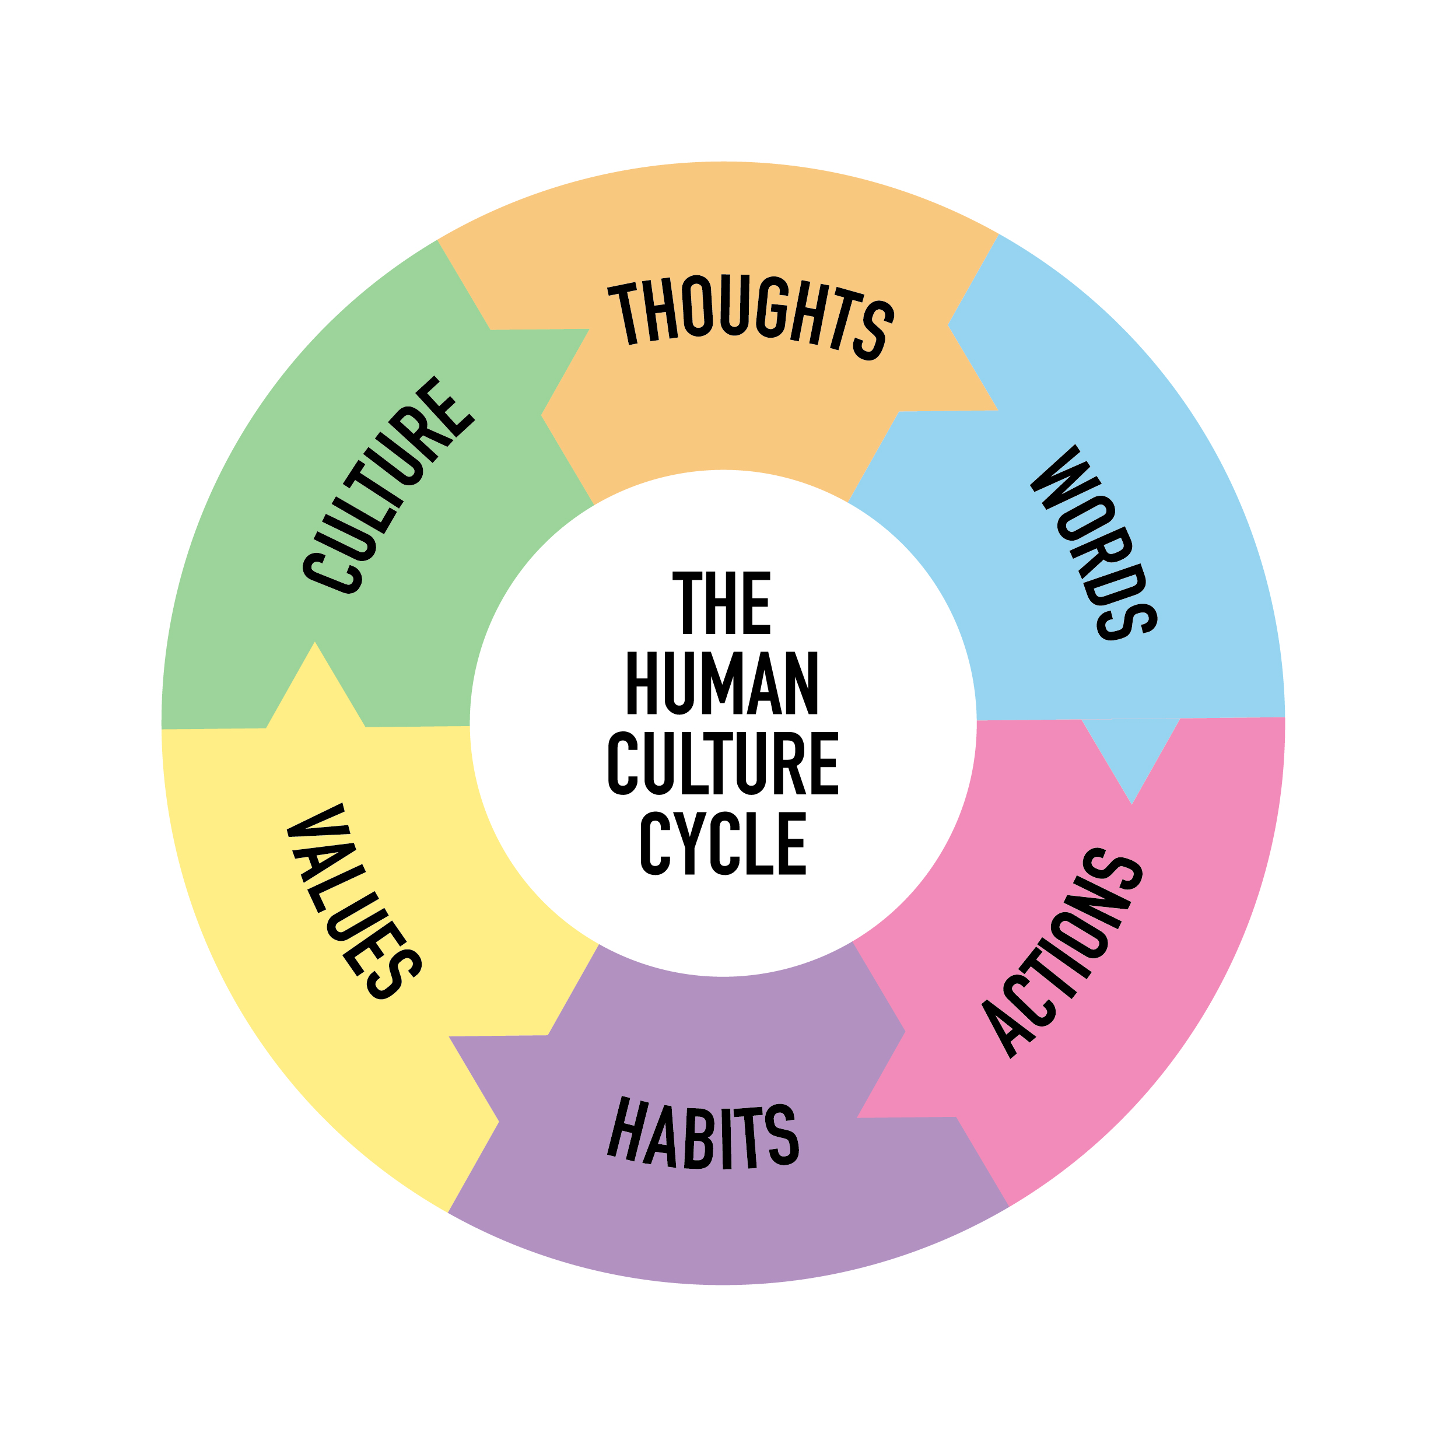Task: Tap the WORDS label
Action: coord(1094,543)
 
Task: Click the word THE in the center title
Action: coord(721,603)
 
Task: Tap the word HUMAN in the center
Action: coord(721,683)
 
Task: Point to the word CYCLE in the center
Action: coord(723,843)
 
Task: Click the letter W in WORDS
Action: coord(1060,479)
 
